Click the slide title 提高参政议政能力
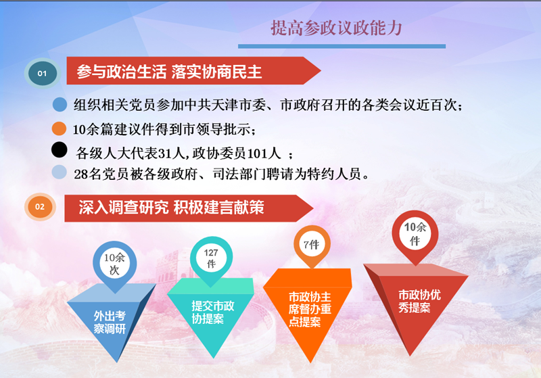click(336, 28)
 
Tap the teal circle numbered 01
click(43, 74)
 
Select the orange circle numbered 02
click(40, 207)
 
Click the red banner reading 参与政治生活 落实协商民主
click(193, 71)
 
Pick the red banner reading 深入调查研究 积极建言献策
click(189, 208)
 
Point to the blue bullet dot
click(60, 105)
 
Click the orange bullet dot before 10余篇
click(59, 128)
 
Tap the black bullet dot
click(59, 150)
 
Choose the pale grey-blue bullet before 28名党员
click(59, 172)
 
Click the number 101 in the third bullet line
click(257, 153)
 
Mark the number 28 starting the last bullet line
click(81, 174)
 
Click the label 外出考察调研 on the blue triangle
click(110, 322)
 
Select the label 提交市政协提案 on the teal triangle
click(212, 312)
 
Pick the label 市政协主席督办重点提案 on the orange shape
click(310, 310)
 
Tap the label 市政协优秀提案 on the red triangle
click(419, 301)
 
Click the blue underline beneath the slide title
click(342, 46)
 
